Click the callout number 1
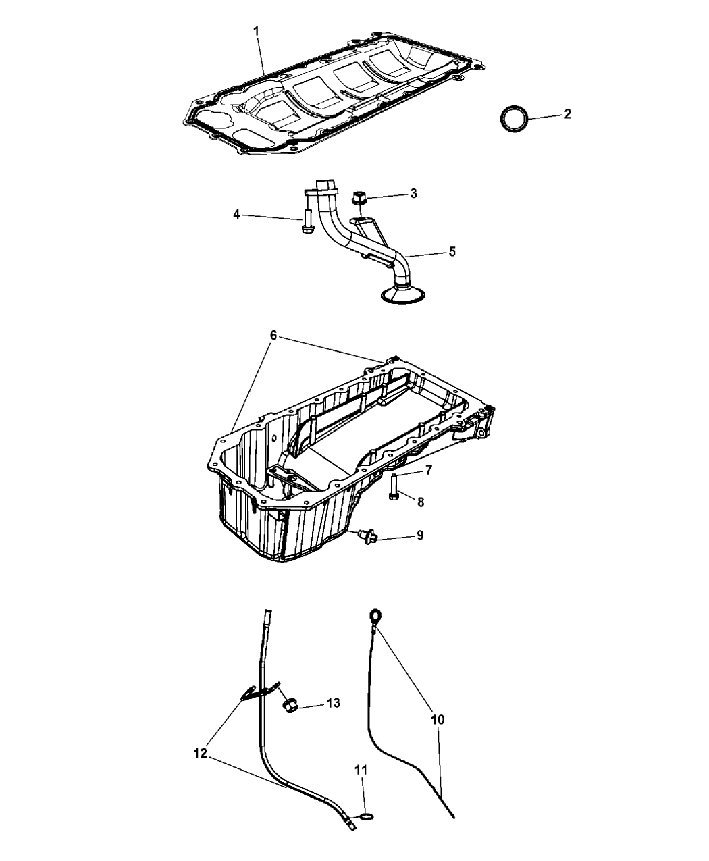click(256, 31)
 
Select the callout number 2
click(567, 114)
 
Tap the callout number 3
click(413, 193)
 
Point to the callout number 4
click(236, 215)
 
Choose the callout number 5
click(452, 251)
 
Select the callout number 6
click(273, 336)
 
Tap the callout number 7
click(429, 470)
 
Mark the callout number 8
click(420, 502)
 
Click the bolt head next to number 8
click(393, 497)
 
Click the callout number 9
click(420, 536)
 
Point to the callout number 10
click(438, 720)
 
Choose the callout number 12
click(200, 754)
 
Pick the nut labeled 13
click(289, 706)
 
